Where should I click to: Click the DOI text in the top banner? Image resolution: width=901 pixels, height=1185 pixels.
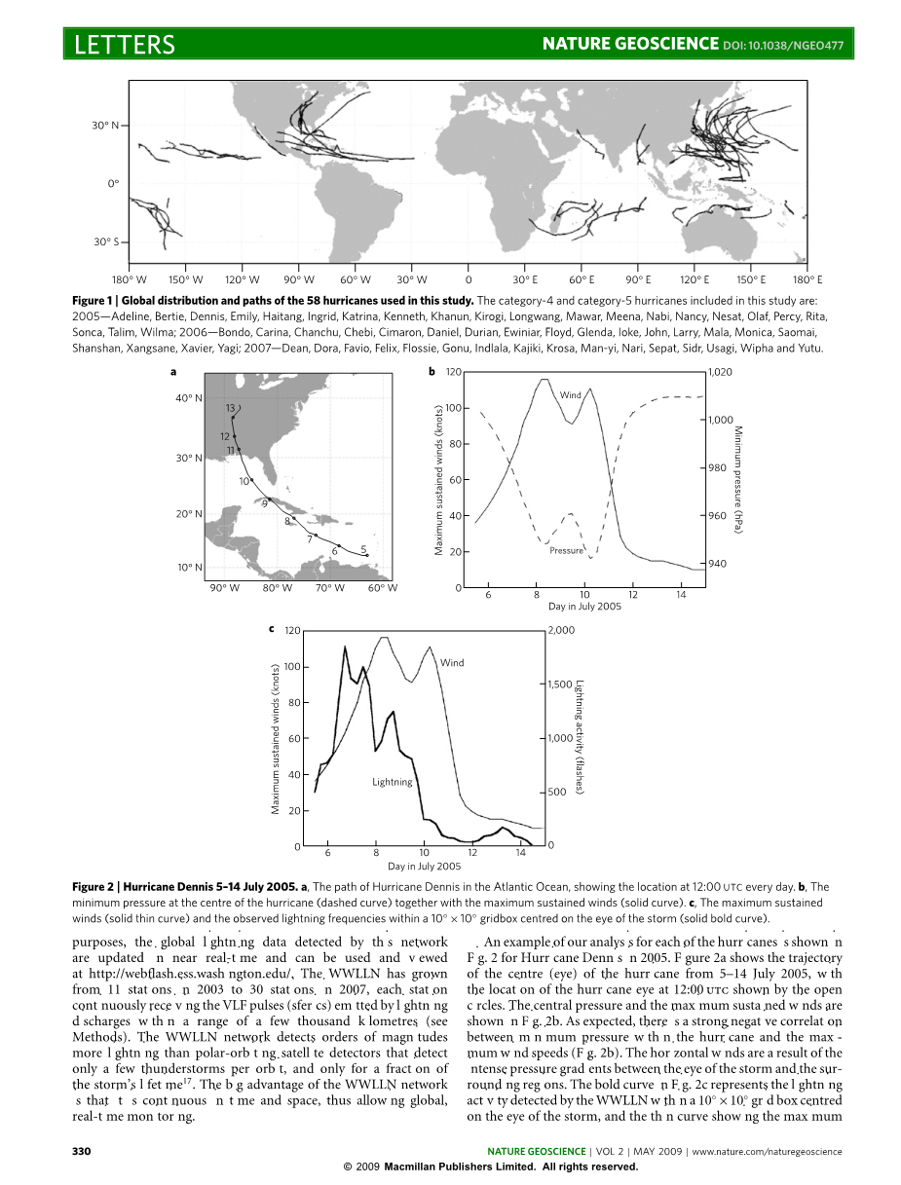[783, 45]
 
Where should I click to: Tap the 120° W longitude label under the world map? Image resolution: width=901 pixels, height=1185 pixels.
[243, 278]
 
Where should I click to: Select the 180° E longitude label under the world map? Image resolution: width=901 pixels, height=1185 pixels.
[807, 278]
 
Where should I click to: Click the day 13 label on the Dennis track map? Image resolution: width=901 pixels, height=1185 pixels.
[231, 407]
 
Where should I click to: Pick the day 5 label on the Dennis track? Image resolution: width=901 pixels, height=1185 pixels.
[362, 548]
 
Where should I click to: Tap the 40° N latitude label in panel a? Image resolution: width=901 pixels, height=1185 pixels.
[187, 397]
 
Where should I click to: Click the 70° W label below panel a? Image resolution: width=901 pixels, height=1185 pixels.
[330, 587]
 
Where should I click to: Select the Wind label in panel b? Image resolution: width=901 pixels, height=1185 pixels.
[571, 394]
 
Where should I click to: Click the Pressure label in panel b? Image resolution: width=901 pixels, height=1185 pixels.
[566, 550]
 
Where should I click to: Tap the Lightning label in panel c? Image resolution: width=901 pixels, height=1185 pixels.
[393, 781]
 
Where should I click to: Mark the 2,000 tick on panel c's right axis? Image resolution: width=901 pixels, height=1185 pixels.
[563, 630]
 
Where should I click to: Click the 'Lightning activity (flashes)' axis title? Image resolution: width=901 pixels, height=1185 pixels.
[579, 737]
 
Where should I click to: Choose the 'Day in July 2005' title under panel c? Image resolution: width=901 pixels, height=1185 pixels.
[424, 866]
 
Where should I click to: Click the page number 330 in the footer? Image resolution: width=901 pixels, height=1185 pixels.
[82, 1151]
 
